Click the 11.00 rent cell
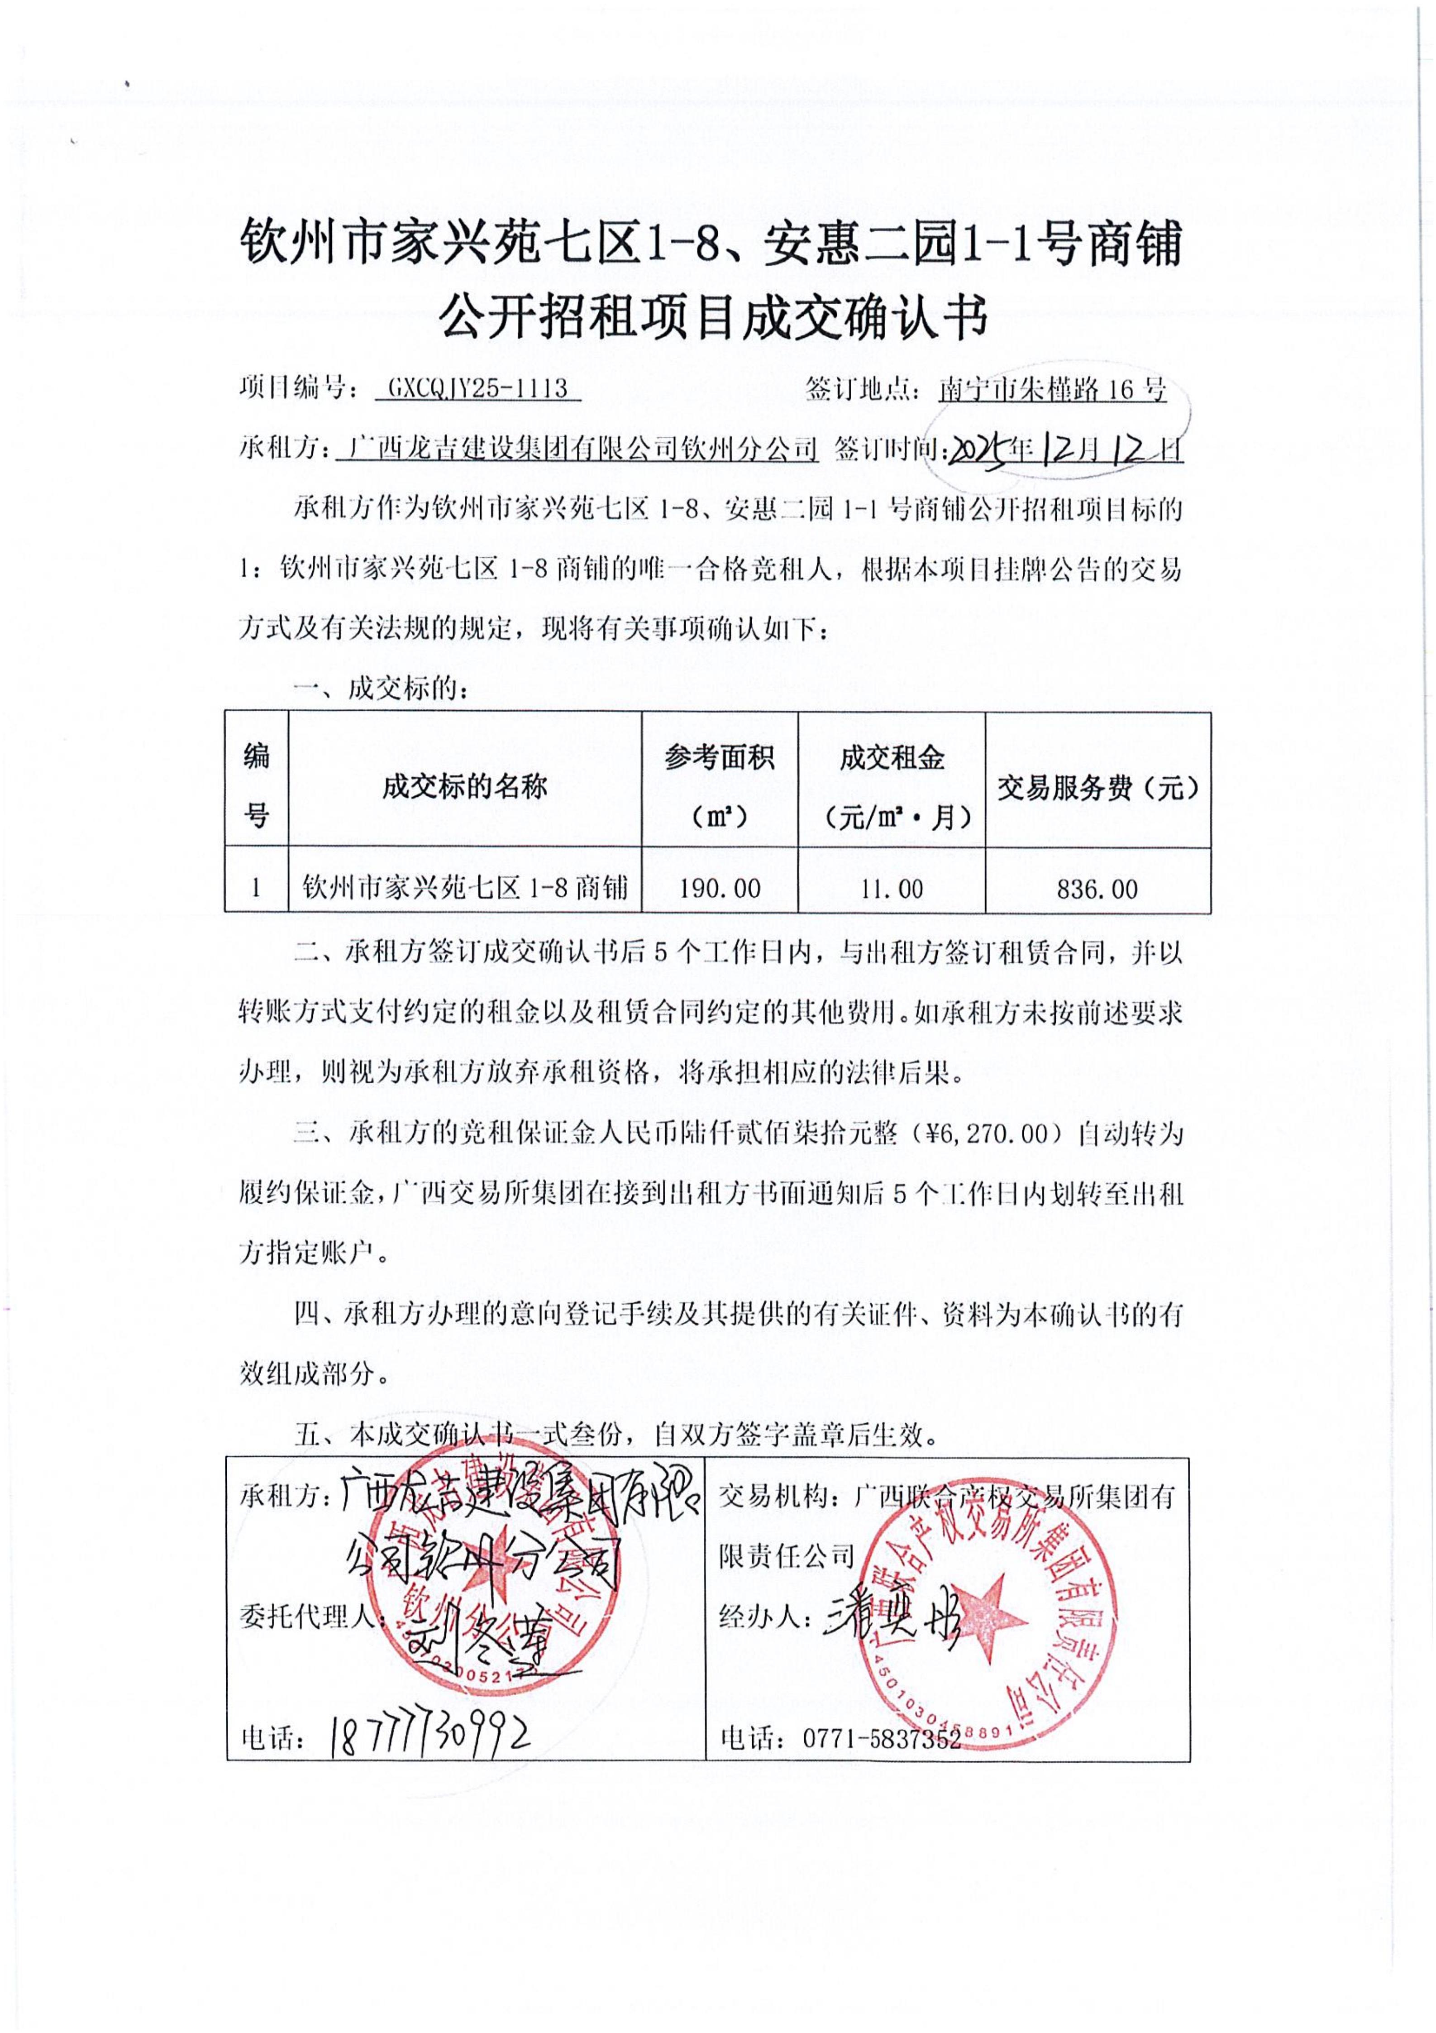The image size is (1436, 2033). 892,888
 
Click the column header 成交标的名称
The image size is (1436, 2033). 465,786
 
